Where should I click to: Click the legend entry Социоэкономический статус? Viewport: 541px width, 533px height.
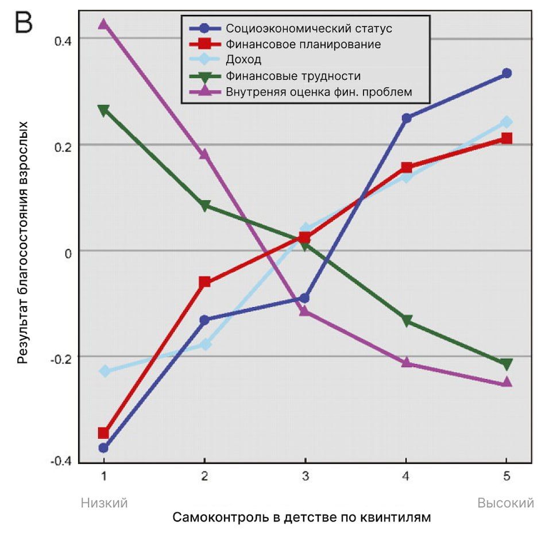click(x=309, y=28)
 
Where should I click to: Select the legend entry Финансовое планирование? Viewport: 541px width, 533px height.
click(x=303, y=44)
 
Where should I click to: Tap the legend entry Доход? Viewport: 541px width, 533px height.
click(x=244, y=60)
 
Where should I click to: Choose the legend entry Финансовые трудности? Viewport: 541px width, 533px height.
click(x=293, y=76)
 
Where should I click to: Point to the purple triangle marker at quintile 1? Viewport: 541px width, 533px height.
click(x=103, y=24)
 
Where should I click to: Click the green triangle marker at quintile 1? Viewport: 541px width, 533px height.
click(x=103, y=110)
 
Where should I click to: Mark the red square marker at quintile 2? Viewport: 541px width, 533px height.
click(x=204, y=282)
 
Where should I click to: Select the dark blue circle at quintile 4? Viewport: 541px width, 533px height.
click(x=406, y=118)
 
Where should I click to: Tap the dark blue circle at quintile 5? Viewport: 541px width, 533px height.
click(x=507, y=73)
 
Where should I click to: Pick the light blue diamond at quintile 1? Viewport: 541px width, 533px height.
click(x=103, y=371)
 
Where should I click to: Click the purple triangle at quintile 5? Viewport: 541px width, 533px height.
click(x=507, y=382)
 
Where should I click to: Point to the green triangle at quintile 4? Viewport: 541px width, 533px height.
click(x=406, y=321)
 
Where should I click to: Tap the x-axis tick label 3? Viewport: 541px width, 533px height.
click(x=305, y=477)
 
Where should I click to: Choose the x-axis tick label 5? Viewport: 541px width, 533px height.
click(x=507, y=477)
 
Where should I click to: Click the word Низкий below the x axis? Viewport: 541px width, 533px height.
click(x=104, y=503)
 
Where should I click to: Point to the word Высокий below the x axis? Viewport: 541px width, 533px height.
click(x=506, y=503)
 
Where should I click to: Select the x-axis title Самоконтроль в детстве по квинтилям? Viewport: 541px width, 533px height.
click(x=301, y=517)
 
